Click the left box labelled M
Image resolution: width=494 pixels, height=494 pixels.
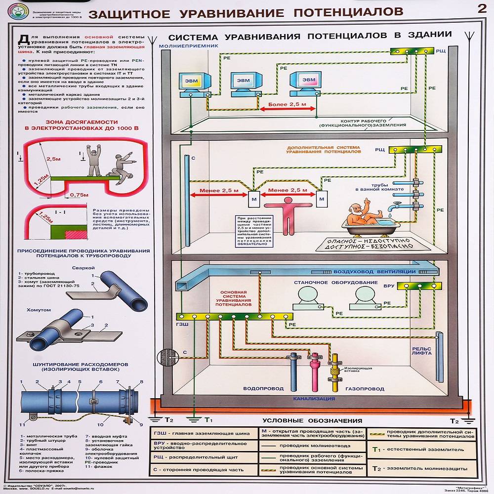point(252,199)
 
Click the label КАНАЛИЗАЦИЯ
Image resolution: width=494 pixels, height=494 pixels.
point(314,398)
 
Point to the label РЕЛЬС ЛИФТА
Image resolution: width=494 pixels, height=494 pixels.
point(421,351)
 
